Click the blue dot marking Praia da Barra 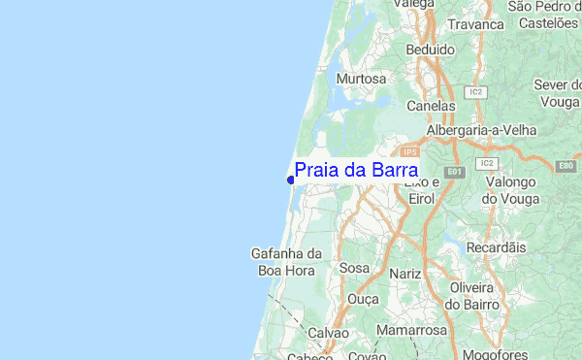point(291,180)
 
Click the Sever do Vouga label point(557,93)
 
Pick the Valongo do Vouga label point(510,190)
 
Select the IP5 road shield point(410,152)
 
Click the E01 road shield point(457,172)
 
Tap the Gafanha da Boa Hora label point(285,262)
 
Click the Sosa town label point(355,267)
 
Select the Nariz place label point(404,274)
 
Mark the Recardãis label point(496,247)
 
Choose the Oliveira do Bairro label point(472,296)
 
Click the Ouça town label point(363,299)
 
